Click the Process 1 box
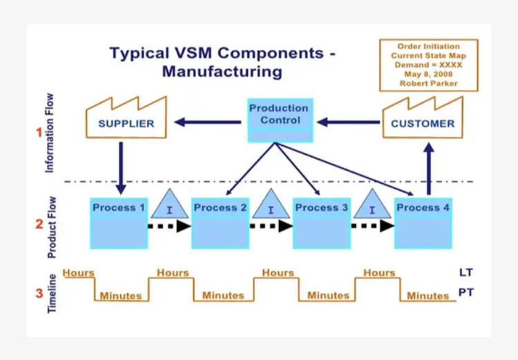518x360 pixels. pyautogui.click(x=119, y=222)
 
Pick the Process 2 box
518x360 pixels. pyautogui.click(x=220, y=222)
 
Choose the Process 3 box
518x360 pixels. pyautogui.click(x=321, y=222)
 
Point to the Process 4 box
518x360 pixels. pyautogui.click(x=422, y=222)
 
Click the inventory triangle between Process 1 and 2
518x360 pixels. pyautogui.click(x=169, y=205)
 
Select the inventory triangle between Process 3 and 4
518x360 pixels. pyautogui.click(x=372, y=205)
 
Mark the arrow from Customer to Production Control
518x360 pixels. pyautogui.click(x=349, y=123)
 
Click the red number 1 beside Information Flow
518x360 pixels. pyautogui.click(x=39, y=132)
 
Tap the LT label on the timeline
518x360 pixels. pyautogui.click(x=466, y=273)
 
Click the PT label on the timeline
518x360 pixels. pyautogui.click(x=466, y=293)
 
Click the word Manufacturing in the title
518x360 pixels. pyautogui.click(x=223, y=70)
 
